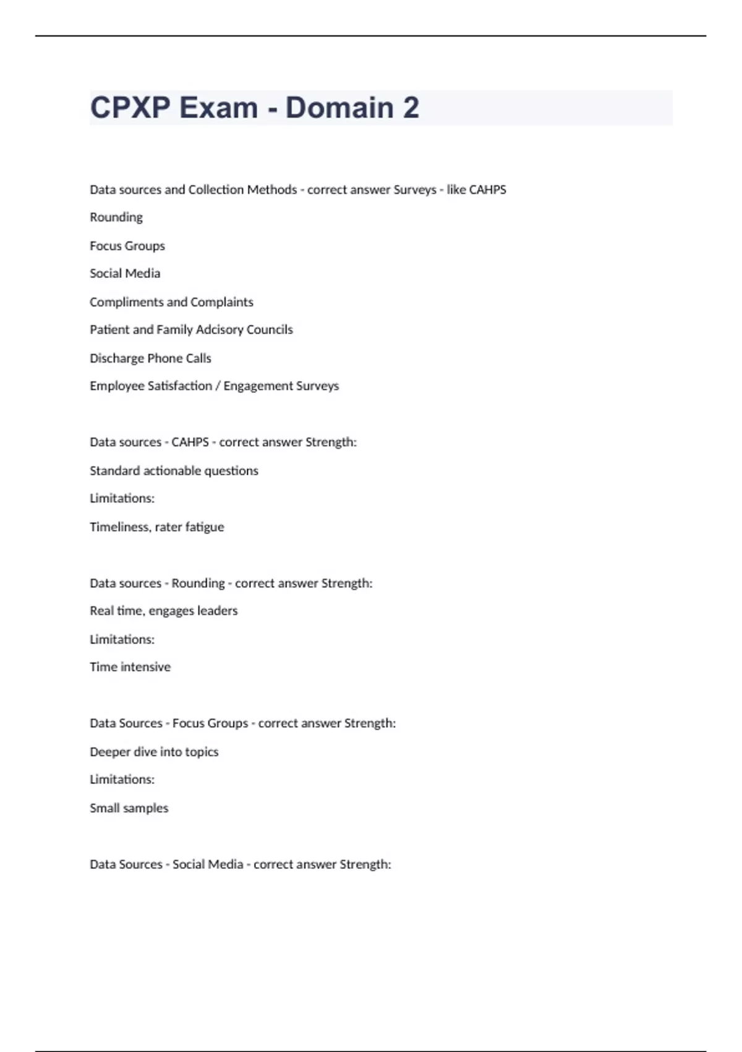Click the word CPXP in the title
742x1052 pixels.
tap(130, 108)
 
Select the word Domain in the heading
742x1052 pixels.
tap(339, 108)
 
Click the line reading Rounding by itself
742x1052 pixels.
tap(116, 217)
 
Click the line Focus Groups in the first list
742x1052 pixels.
tap(127, 246)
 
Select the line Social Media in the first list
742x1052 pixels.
tap(125, 274)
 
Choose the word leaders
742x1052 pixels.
tap(217, 611)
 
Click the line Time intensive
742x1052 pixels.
tap(130, 667)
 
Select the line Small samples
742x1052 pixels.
tap(129, 808)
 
